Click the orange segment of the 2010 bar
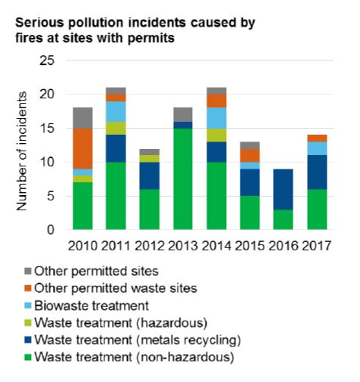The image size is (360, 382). coord(82,148)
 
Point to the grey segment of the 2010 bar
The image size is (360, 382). coord(82,118)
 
